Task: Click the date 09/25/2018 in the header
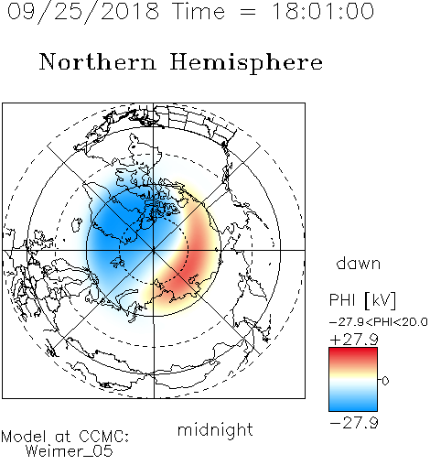point(83,12)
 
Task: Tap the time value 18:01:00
point(323,11)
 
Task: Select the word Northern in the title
point(98,62)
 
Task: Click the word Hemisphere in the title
point(246,63)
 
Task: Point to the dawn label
point(359,263)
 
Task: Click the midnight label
point(215,430)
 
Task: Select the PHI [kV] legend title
point(362,300)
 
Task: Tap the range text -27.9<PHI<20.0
point(379,322)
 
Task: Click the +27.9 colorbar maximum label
point(354,340)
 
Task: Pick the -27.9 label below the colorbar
point(354,423)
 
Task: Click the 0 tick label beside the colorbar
point(385,381)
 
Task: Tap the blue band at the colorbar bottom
point(353,405)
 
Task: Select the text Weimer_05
point(70,450)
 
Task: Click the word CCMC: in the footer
point(104,437)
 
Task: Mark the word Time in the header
point(199,11)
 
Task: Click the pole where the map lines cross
point(154,250)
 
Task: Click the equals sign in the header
point(248,12)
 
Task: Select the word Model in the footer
point(24,437)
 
